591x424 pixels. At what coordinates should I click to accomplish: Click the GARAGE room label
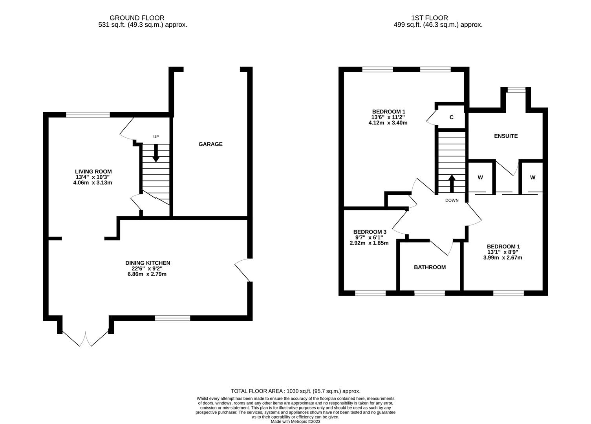click(210, 144)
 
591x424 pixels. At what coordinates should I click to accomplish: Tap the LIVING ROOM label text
click(93, 172)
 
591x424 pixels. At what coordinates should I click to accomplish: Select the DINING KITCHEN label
click(148, 263)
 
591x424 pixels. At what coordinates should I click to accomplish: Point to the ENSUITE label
click(506, 136)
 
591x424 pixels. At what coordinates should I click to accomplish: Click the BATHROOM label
click(430, 267)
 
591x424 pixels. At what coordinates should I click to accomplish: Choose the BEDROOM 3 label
click(370, 232)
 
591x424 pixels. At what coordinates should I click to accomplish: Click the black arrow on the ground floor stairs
click(156, 153)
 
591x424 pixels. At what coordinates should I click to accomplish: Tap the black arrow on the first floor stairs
click(452, 183)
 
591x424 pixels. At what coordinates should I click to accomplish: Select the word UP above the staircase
click(156, 137)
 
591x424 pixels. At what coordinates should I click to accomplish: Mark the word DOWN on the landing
click(452, 200)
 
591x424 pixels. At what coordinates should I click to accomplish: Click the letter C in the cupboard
click(451, 117)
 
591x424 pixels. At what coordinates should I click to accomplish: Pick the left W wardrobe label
click(480, 177)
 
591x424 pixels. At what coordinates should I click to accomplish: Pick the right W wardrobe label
click(532, 177)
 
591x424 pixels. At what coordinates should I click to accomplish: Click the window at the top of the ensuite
click(516, 90)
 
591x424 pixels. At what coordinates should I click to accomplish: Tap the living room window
click(88, 115)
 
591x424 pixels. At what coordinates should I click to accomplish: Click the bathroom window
click(430, 293)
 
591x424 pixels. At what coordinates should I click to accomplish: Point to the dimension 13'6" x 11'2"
click(388, 117)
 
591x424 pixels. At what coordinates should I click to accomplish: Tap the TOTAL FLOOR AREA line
click(295, 391)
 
